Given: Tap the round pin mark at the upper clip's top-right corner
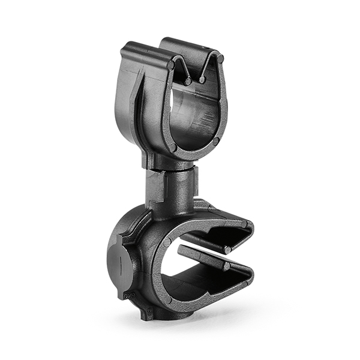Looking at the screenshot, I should coord(220,59).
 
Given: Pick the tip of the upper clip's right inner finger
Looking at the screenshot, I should coord(202,79).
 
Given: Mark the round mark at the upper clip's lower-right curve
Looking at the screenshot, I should coord(216,142).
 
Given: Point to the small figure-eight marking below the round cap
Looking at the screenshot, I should coord(127,295).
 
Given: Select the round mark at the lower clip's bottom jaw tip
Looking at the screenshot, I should coord(248,281).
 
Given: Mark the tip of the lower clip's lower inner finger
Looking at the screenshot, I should coord(227,265).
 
